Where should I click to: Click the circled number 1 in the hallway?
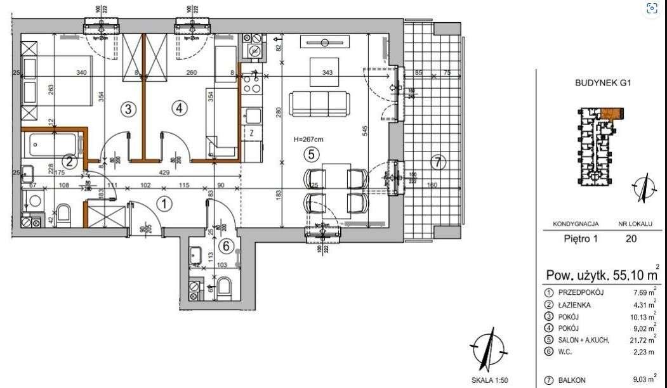(164, 204)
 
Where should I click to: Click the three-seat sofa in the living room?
(319, 103)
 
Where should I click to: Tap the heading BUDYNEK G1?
(601, 82)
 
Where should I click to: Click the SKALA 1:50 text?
(489, 380)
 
